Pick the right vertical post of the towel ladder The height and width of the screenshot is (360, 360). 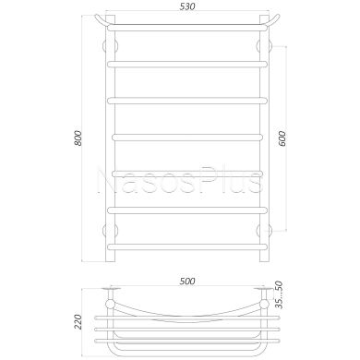coord(269,138)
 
